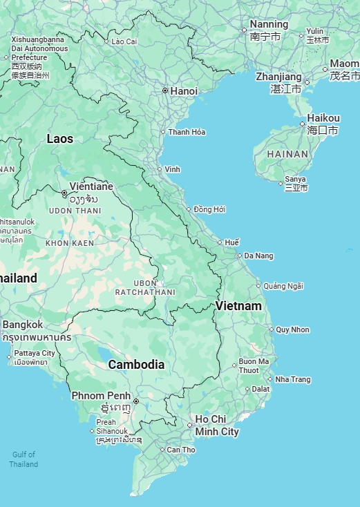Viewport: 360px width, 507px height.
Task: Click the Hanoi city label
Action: pos(184,91)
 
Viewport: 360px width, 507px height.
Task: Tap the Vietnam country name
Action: pos(238,305)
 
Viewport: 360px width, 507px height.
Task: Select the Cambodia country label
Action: pos(136,365)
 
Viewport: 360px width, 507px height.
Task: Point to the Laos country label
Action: pos(60,139)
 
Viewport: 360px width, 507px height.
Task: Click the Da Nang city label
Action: pos(258,256)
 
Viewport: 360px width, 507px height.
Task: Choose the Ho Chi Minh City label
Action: pos(216,425)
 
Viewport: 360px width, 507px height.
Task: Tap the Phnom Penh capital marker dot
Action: pos(136,401)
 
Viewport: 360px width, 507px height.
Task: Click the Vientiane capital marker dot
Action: pos(64,193)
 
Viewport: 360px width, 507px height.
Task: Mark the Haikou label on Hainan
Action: pos(323,118)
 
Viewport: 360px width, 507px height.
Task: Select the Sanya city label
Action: pos(295,180)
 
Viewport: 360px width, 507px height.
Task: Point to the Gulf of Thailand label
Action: pos(23,459)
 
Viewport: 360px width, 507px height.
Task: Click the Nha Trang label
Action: pos(293,379)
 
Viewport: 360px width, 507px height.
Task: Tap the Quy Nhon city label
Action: pos(292,329)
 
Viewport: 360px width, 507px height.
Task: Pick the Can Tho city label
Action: pos(181,450)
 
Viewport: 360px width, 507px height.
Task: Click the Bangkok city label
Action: pos(23,325)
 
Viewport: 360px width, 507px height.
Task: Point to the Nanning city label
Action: pos(269,24)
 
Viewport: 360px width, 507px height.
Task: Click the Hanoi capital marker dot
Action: pos(165,90)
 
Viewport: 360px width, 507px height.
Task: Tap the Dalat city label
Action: pos(260,389)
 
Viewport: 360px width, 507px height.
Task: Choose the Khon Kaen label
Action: pos(70,243)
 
